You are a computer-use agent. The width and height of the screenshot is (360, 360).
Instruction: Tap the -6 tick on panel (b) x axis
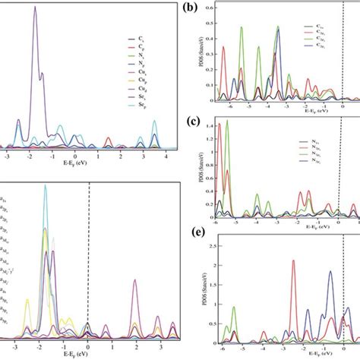click(217, 107)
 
